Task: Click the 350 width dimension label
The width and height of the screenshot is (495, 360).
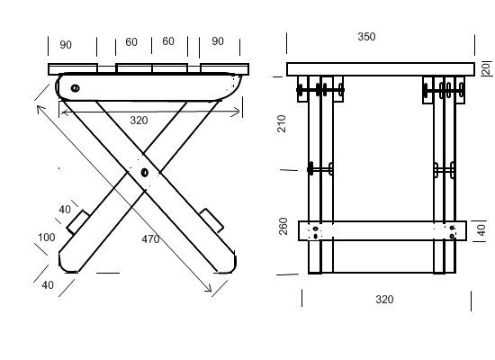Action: (366, 37)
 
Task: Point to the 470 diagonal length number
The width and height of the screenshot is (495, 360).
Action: (150, 239)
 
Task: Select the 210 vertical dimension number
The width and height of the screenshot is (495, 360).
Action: (281, 123)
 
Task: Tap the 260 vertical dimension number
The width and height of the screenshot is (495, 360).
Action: (283, 226)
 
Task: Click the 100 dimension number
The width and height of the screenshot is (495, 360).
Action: (47, 238)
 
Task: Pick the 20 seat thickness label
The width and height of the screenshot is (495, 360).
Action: (487, 67)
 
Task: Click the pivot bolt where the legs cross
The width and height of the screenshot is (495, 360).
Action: (145, 173)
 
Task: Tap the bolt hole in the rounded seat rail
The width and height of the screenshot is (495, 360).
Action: (75, 88)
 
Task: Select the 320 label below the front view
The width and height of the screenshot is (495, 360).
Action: (384, 300)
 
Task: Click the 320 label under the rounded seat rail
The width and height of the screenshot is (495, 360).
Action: (139, 121)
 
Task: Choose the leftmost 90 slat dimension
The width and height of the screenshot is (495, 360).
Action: (66, 45)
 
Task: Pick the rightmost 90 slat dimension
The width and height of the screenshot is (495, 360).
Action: (218, 41)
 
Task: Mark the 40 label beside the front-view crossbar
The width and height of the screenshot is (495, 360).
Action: (481, 229)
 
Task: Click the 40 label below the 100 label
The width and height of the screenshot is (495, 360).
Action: (48, 285)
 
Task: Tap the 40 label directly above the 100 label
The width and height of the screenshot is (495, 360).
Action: (65, 210)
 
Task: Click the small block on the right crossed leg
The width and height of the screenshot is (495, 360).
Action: (211, 220)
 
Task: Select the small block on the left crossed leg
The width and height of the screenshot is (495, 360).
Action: (77, 222)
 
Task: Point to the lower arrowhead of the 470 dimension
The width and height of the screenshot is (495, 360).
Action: (209, 289)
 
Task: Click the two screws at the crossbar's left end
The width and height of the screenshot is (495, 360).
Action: (316, 232)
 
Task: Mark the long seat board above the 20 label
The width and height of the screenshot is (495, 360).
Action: (381, 69)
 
